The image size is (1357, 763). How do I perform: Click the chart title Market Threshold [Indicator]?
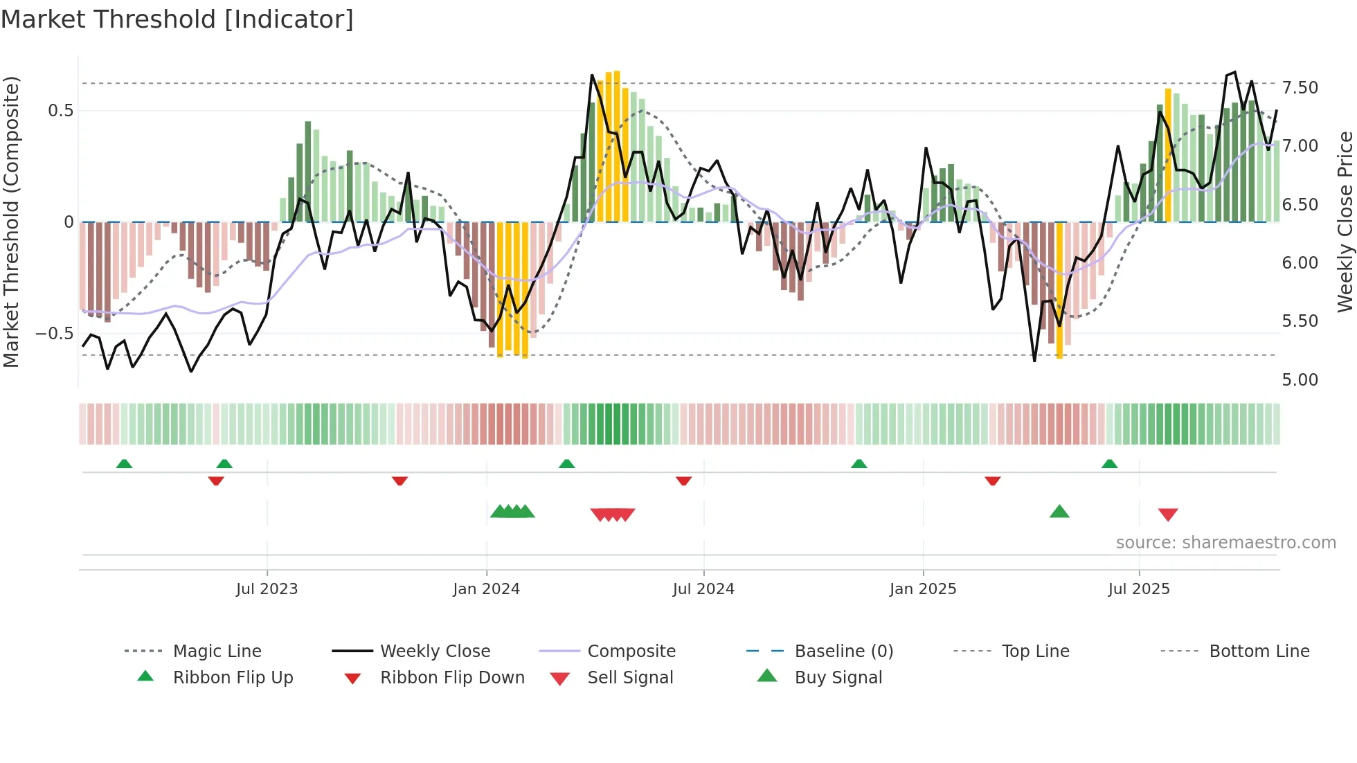[x=177, y=19]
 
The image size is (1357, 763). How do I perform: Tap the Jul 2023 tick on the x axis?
[x=267, y=589]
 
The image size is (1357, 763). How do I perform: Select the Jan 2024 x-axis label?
[x=486, y=589]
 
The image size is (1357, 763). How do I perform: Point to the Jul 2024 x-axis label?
[x=703, y=589]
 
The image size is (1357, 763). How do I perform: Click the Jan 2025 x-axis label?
[x=923, y=589]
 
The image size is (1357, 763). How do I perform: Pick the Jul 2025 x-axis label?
[x=1139, y=589]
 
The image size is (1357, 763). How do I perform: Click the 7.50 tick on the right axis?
[x=1300, y=88]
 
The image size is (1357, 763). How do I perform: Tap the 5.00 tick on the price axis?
[x=1300, y=380]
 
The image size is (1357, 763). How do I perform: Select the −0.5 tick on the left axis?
[x=55, y=334]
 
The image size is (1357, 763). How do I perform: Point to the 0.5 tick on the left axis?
[x=60, y=111]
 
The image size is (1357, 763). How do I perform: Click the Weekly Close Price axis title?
[x=1345, y=222]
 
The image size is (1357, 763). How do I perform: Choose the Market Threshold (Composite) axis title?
[x=11, y=222]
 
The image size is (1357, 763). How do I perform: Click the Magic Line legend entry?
[x=217, y=652]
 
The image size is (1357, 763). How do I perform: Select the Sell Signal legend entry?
[x=630, y=678]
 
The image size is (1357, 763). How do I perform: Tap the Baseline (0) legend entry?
[x=843, y=652]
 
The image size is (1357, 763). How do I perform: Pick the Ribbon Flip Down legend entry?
[x=452, y=678]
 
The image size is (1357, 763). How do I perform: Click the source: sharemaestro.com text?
[x=1225, y=543]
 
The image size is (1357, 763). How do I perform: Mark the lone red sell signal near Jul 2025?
[x=1168, y=514]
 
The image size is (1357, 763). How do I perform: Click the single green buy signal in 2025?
[x=1059, y=512]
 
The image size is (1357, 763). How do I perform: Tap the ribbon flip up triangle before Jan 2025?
[x=859, y=464]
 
